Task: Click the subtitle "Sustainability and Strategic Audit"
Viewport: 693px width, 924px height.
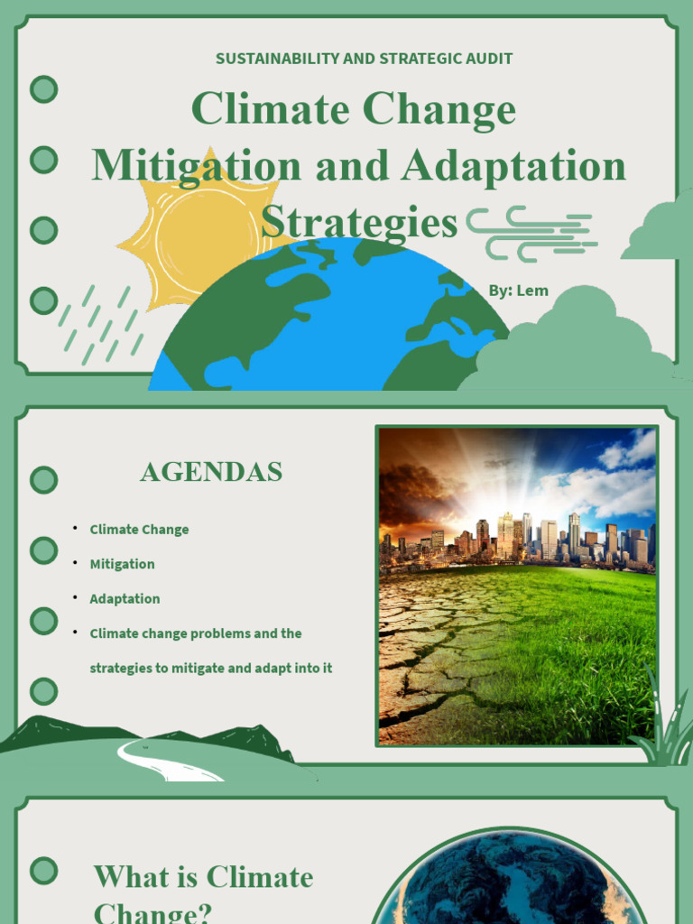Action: click(364, 59)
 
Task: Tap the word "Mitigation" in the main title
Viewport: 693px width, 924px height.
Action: click(196, 166)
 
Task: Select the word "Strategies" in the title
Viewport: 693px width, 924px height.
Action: click(359, 222)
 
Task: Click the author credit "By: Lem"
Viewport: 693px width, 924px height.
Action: click(518, 291)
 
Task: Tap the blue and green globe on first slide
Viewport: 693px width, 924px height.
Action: click(325, 325)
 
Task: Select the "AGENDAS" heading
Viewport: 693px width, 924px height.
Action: click(211, 472)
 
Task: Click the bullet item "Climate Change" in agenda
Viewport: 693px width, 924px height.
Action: click(139, 530)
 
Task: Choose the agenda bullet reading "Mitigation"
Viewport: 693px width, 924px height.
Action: click(122, 564)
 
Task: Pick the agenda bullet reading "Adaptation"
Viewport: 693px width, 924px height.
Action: click(125, 598)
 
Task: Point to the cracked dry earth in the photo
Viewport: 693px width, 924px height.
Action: click(424, 659)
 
